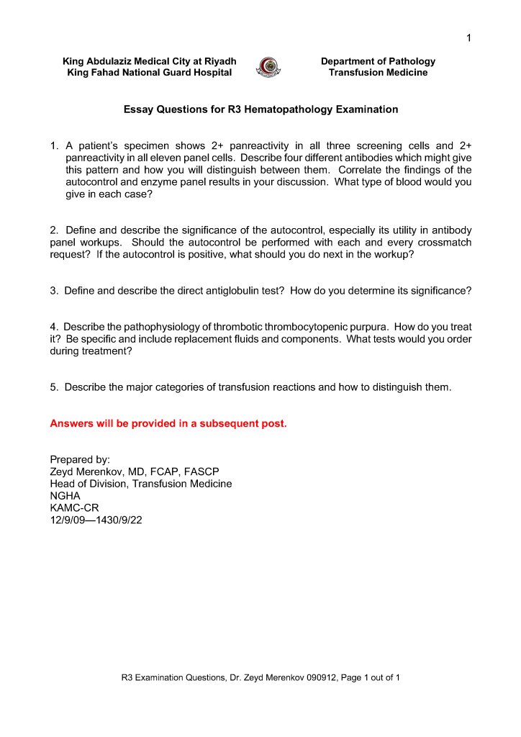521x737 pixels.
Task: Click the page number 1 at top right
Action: [x=468, y=38]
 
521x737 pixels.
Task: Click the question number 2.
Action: [x=54, y=230]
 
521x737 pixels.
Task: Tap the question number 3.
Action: [x=54, y=291]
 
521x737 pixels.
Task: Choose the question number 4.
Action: [x=54, y=327]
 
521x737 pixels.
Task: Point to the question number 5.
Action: [x=54, y=387]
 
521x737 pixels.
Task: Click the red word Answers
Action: [x=71, y=423]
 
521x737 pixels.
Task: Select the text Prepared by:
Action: [x=80, y=459]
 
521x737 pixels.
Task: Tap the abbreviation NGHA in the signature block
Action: [x=65, y=495]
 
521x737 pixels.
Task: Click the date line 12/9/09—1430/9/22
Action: [x=96, y=520]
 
